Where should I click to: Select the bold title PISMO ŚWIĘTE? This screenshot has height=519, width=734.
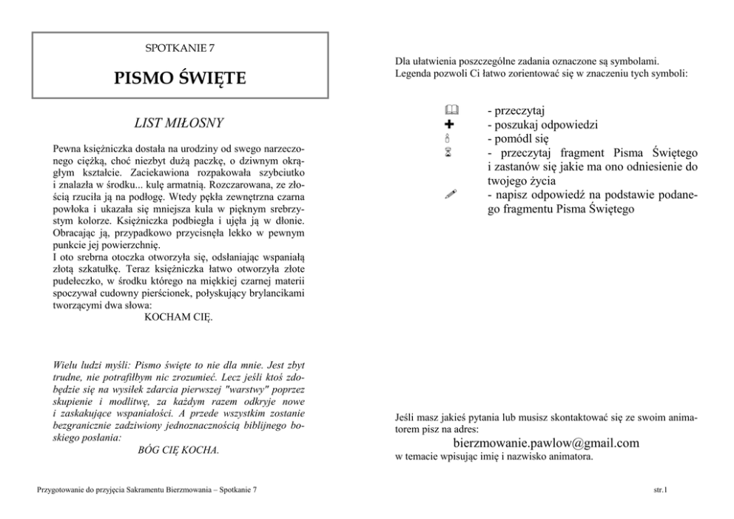(x=180, y=78)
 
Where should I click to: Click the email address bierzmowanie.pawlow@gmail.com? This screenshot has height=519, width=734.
(x=545, y=443)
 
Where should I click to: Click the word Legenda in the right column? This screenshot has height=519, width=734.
(x=414, y=73)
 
